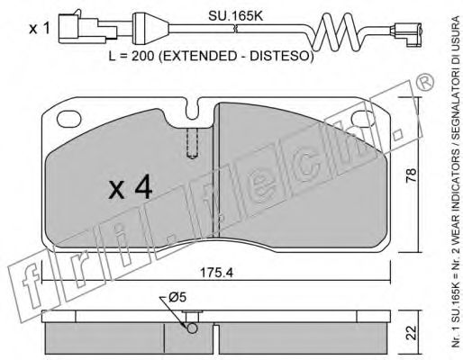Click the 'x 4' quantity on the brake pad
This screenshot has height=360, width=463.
130,189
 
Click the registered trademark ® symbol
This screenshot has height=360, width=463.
422,83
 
